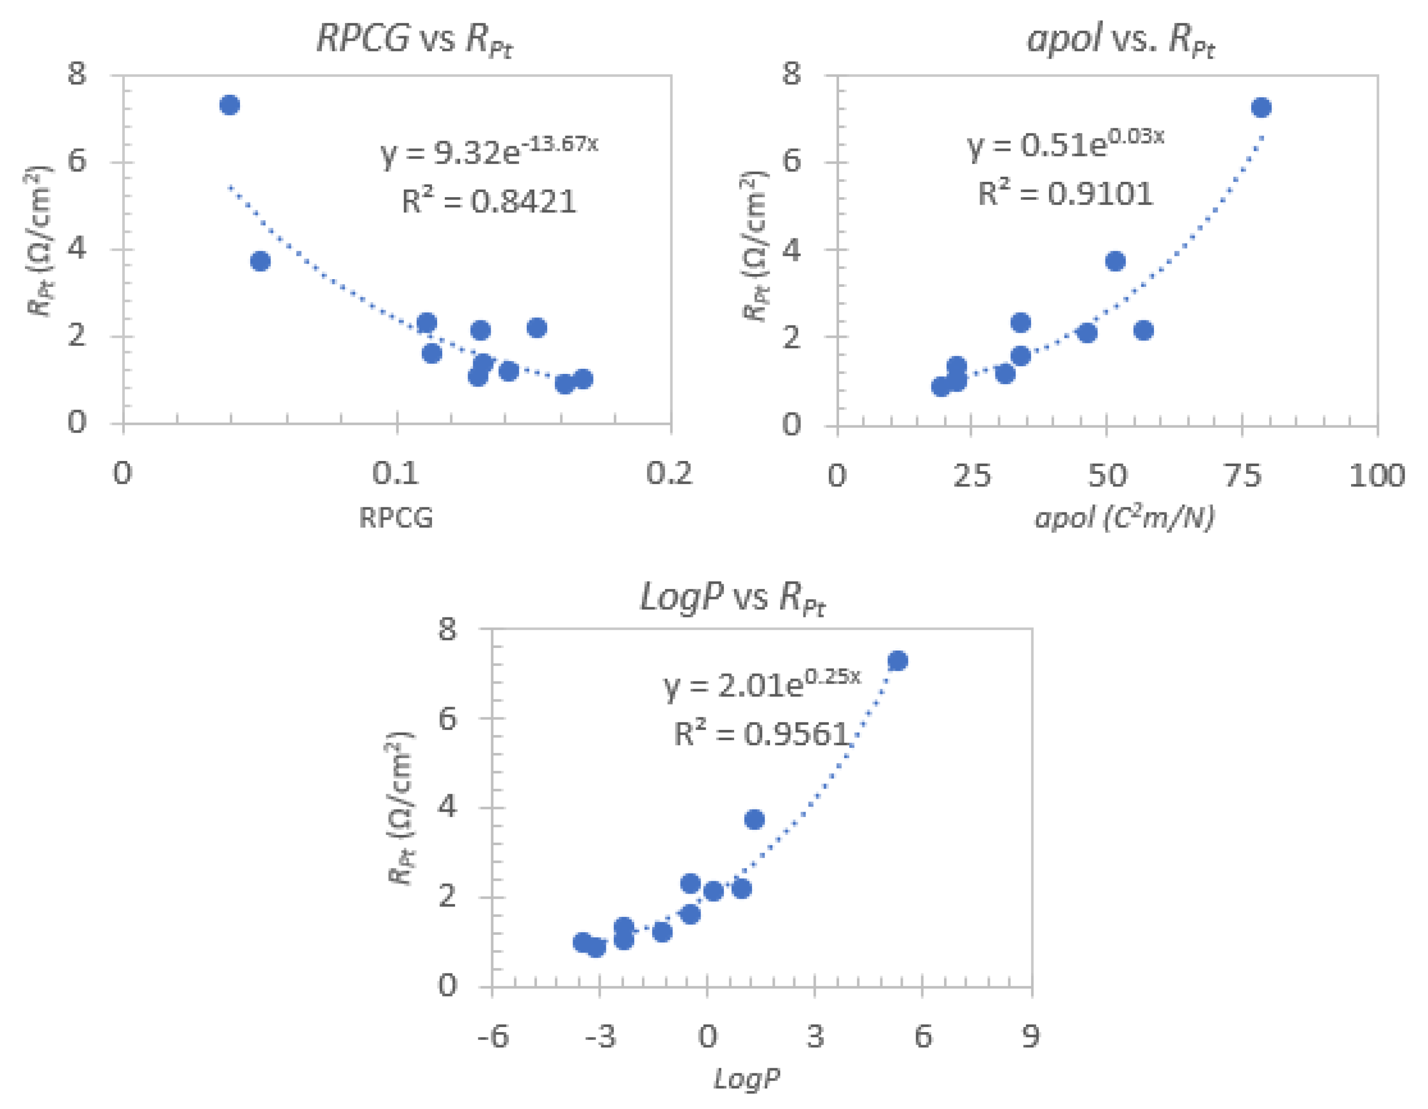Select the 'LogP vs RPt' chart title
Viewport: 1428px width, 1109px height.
tap(732, 597)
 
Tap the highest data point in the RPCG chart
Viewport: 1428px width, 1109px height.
tap(229, 104)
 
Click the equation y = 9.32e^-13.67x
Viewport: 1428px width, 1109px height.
tap(489, 152)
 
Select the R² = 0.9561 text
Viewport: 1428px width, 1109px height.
tap(761, 734)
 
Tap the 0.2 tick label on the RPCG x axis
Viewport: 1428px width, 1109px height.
tap(669, 473)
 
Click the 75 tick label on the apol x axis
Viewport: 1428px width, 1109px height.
tap(1242, 475)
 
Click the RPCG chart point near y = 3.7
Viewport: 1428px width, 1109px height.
tap(260, 261)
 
